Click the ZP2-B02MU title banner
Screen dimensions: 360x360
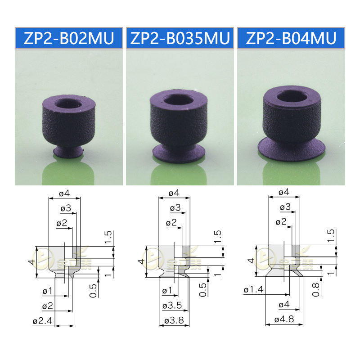click(x=69, y=38)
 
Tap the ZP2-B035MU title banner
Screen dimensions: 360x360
click(x=180, y=38)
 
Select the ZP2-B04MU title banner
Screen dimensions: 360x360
click(x=291, y=38)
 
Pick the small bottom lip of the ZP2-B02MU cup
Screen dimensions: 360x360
click(x=68, y=152)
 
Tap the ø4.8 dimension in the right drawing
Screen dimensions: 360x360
click(x=283, y=321)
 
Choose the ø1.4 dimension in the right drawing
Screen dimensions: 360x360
click(x=253, y=290)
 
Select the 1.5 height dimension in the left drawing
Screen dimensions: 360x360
click(x=108, y=238)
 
